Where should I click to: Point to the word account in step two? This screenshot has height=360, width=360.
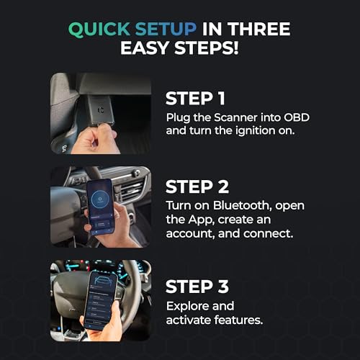pyautogui.click(x=191, y=236)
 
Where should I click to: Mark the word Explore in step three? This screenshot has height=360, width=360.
pyautogui.click(x=186, y=305)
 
